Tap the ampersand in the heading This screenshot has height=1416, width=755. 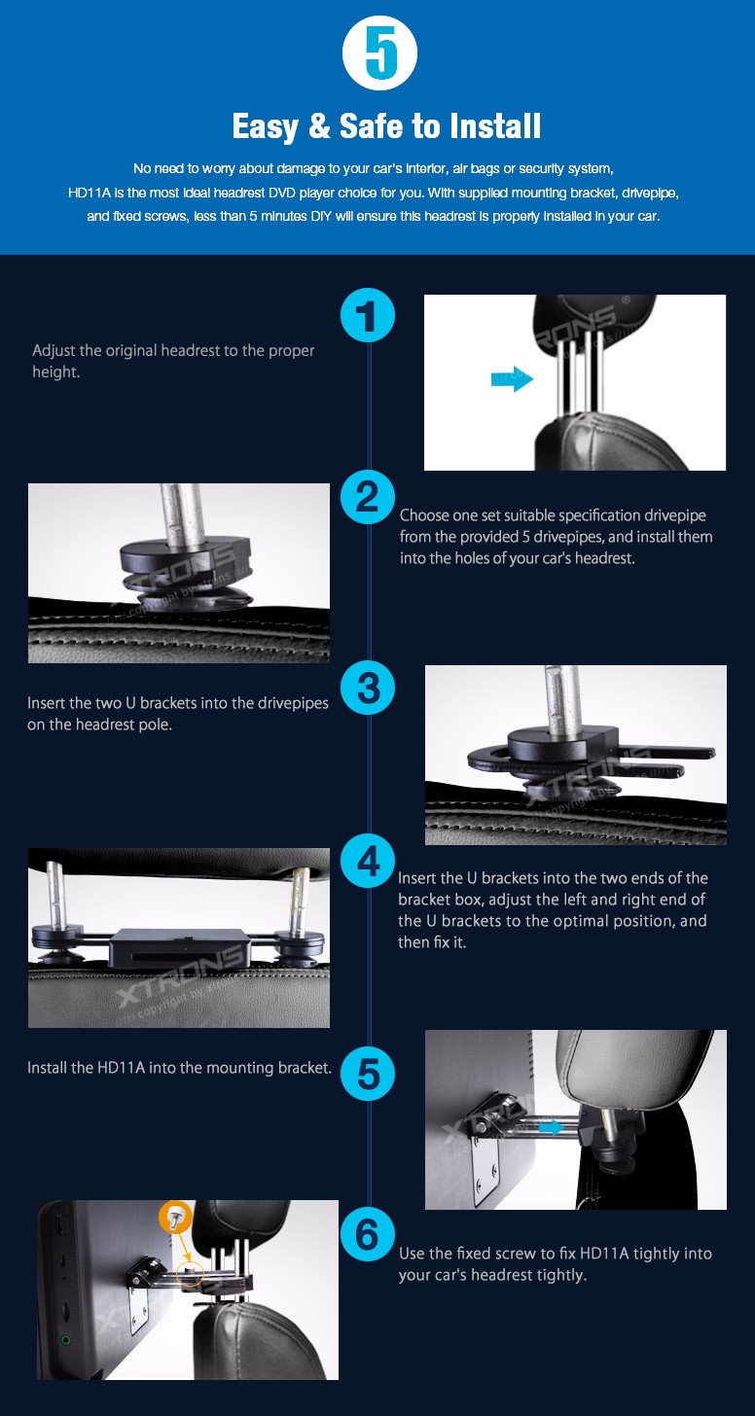(x=320, y=125)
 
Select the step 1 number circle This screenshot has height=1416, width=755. (x=368, y=315)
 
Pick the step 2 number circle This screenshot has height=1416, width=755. (x=368, y=497)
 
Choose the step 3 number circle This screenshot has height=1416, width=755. (x=368, y=688)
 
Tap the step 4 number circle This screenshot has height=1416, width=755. (x=368, y=862)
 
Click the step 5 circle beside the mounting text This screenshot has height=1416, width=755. (x=368, y=1073)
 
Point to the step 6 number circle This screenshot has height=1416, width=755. (x=368, y=1234)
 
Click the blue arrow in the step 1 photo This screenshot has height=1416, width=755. (x=512, y=378)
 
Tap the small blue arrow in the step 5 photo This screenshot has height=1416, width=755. (x=552, y=1127)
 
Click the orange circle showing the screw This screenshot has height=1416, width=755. (x=176, y=1215)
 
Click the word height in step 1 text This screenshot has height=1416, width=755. (x=55, y=372)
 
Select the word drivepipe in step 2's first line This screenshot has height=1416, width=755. (x=674, y=515)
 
